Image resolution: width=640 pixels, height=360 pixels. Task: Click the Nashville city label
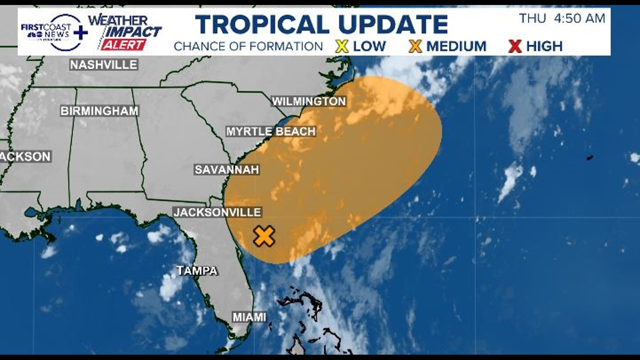coord(104,65)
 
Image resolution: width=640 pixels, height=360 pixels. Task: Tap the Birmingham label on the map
coord(99,111)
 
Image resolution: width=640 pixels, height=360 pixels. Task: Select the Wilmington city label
coord(309,101)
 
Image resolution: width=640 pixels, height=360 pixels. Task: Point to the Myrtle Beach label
coord(271,132)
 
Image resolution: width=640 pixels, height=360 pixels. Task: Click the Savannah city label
coord(227,170)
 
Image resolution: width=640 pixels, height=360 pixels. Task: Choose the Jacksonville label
coord(217,212)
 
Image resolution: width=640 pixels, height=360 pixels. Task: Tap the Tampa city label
coord(197,271)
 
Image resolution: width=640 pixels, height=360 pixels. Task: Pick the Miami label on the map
coord(249,317)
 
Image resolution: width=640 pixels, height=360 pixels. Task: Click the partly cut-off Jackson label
coord(25,157)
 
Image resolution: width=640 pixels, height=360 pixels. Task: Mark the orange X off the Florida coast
coord(264,236)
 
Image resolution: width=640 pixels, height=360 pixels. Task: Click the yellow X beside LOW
coord(342,46)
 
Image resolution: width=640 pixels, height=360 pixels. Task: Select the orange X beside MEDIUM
coord(415,46)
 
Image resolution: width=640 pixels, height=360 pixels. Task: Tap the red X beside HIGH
coord(515,46)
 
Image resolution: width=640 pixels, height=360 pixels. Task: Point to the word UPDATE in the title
coord(393,25)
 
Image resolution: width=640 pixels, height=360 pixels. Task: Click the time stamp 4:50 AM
coord(579,19)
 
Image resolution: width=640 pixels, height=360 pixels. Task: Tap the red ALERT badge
coord(123,45)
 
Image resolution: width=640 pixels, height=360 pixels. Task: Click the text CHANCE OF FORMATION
coord(248,46)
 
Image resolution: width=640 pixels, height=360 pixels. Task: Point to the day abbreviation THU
coord(533,19)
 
